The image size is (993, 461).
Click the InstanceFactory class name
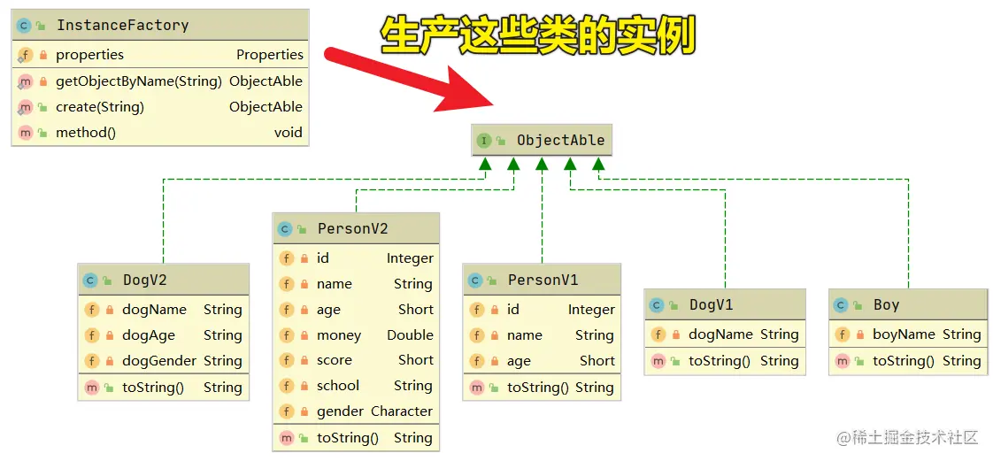122,25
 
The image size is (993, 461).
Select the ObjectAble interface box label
560,140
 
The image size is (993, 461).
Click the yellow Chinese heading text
538,36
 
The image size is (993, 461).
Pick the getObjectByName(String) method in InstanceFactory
138,81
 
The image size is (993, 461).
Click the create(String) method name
99,106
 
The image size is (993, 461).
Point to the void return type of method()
288,133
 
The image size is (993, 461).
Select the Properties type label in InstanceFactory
269,54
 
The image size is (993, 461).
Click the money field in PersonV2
338,334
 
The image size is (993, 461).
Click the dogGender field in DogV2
159,360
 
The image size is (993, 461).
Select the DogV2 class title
144,280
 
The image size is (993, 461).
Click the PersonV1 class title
543,280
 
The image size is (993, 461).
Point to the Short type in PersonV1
597,360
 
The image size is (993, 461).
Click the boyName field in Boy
904,334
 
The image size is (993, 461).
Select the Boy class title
886,304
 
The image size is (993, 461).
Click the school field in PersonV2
337,385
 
